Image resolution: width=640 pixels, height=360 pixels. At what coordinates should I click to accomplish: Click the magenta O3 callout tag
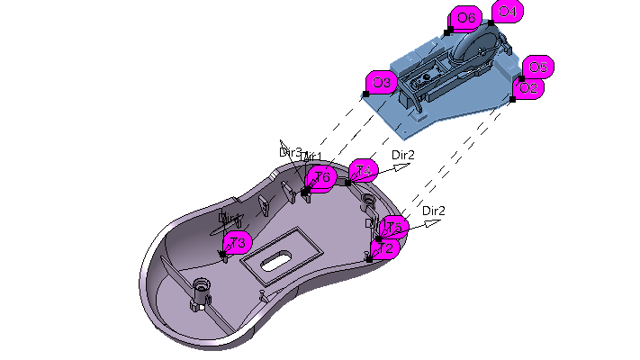click(x=382, y=83)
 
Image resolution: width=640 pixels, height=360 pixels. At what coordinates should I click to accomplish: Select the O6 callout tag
click(x=465, y=17)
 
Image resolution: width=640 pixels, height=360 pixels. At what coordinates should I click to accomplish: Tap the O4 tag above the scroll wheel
click(x=507, y=12)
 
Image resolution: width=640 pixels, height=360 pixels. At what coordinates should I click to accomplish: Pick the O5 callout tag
click(x=537, y=67)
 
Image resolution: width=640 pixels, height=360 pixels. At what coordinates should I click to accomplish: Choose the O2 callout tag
click(x=528, y=88)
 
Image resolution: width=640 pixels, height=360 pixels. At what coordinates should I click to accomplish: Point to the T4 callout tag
click(x=364, y=170)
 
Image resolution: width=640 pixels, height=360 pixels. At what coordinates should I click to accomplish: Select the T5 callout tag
click(x=394, y=228)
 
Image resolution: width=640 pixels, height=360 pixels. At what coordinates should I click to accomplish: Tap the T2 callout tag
click(x=387, y=247)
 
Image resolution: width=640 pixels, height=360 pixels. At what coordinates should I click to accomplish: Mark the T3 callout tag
click(x=237, y=242)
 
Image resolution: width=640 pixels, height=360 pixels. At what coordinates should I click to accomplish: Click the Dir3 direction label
click(x=290, y=152)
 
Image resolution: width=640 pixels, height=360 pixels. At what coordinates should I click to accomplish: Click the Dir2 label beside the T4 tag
click(x=403, y=155)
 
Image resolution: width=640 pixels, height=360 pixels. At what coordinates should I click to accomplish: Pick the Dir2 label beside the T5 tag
click(x=433, y=211)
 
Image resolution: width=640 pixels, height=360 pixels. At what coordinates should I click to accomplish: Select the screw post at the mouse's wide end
click(x=200, y=293)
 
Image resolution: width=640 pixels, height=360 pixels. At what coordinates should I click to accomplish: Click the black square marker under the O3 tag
click(x=366, y=94)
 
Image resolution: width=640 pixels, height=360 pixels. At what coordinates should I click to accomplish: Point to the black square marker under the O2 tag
click(x=512, y=98)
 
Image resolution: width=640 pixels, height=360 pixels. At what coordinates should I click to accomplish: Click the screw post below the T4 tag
click(x=367, y=198)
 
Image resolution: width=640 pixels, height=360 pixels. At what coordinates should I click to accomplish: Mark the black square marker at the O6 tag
click(x=448, y=31)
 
